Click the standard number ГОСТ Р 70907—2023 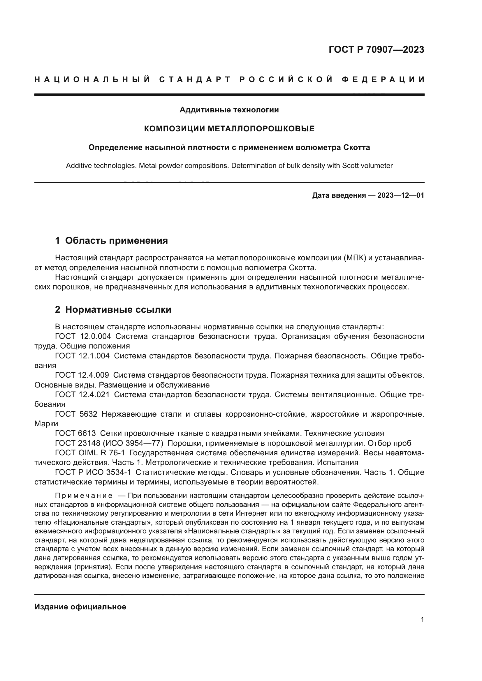tap(376, 49)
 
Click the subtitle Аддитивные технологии tap(229, 110)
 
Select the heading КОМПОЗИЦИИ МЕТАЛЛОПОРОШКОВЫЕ tap(229, 129)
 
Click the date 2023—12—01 tap(400, 195)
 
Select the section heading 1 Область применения tap(111, 240)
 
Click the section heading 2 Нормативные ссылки tap(113, 310)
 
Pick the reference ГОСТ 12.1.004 tap(82, 355)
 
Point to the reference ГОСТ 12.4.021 tap(82, 395)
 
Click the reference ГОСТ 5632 tap(76, 414)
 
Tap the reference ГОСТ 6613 tap(75, 433)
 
